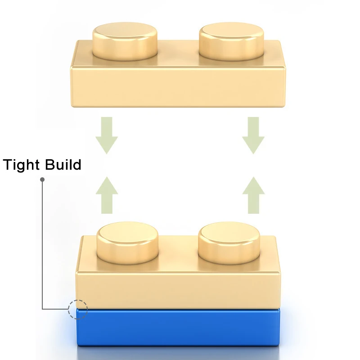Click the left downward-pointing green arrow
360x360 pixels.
tap(107, 135)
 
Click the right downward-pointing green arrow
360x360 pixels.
tap(253, 135)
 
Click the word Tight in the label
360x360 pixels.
tap(22, 165)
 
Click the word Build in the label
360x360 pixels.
tap(63, 165)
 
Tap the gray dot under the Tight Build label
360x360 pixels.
tap(42, 179)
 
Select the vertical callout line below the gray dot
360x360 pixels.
tap(42, 243)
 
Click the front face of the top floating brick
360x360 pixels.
tap(175, 88)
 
